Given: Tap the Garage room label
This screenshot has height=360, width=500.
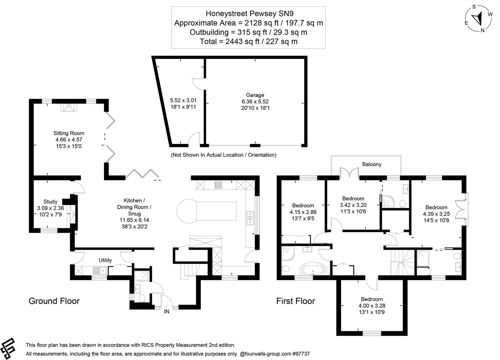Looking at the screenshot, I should point(255,95).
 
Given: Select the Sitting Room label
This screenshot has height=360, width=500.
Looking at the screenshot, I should point(69,133).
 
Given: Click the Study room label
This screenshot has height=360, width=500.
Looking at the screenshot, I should point(50,201).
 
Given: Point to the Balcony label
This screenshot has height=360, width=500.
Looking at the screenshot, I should point(371,164).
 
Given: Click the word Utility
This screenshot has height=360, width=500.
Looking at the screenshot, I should point(105,260).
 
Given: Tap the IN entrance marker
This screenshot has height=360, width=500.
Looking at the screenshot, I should point(167,312).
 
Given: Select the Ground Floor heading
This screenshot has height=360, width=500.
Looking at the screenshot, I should point(54,301).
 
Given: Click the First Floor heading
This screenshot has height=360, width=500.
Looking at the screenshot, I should point(295,301).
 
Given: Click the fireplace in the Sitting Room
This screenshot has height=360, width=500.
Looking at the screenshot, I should point(69,107).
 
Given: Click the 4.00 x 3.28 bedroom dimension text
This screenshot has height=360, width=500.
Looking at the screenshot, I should point(371,306).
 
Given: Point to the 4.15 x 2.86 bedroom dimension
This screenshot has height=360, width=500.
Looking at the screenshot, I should point(303,212).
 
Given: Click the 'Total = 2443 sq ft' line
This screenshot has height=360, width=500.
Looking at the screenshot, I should point(248,41).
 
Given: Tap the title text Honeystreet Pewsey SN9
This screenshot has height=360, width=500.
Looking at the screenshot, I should point(248,13).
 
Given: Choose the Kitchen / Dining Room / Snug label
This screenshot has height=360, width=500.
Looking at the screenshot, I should point(134,207).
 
